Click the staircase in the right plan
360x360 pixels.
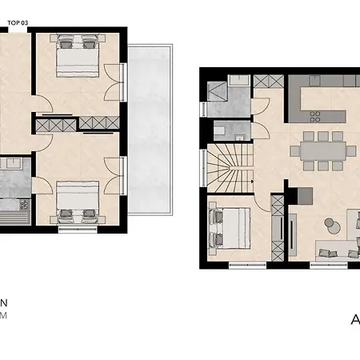coord(230,170)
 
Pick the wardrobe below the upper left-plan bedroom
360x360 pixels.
coord(75,124)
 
